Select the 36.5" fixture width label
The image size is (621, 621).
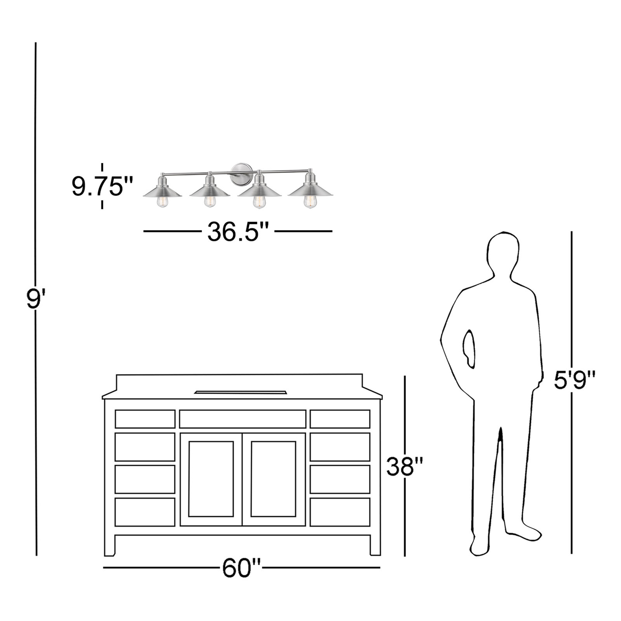pos(238,231)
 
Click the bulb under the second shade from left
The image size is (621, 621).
pos(210,201)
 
